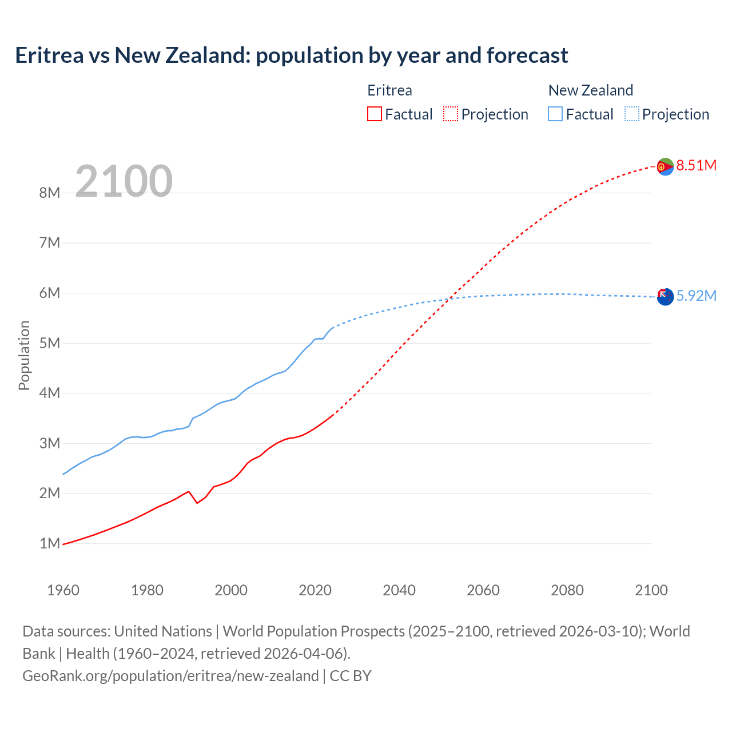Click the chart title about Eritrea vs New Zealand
click(x=292, y=55)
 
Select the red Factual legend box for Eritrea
click(x=375, y=114)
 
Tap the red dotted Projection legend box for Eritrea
click(x=451, y=114)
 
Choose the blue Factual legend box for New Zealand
click(x=555, y=114)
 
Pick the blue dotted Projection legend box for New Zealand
click(x=632, y=114)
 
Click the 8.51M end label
click(x=696, y=166)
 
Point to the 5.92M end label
click(x=696, y=296)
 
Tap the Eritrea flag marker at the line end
click(x=665, y=166)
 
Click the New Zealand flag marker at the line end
click(x=665, y=297)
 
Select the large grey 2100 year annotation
click(x=124, y=181)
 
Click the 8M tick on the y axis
click(x=50, y=193)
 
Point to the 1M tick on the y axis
click(x=50, y=543)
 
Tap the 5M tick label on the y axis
click(x=50, y=343)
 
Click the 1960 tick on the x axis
click(x=63, y=590)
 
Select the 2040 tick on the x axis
click(x=399, y=590)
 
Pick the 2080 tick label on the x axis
click(x=567, y=590)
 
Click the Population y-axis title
click(x=24, y=355)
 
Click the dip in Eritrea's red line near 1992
click(x=197, y=503)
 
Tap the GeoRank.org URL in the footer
click(x=170, y=676)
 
